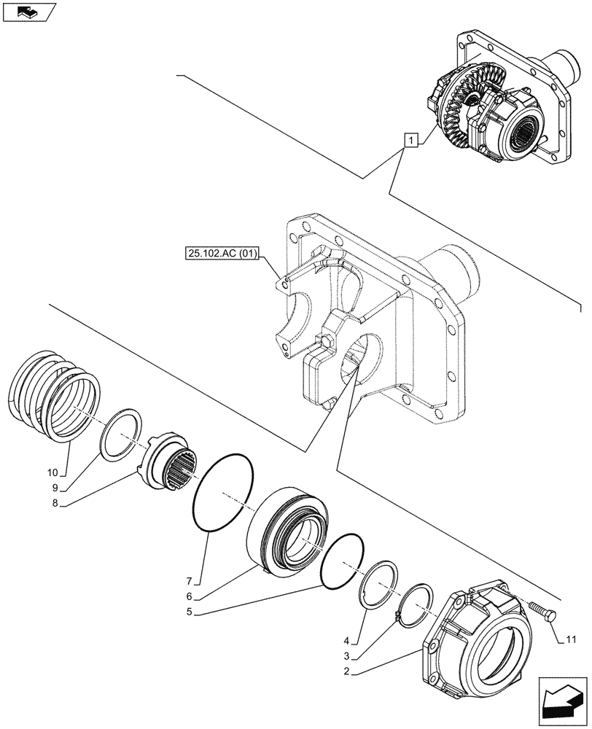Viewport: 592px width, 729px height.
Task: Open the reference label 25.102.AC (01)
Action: coord(222,254)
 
